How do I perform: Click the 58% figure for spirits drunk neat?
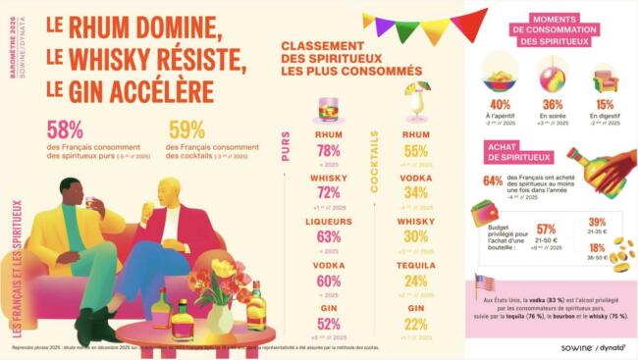pyautogui.click(x=65, y=129)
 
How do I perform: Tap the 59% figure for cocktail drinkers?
pyautogui.click(x=186, y=129)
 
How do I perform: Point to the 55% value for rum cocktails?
pyautogui.click(x=415, y=151)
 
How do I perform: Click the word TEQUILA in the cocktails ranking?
pyautogui.click(x=415, y=265)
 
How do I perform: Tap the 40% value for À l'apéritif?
pyautogui.click(x=500, y=105)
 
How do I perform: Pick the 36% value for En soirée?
pyautogui.click(x=553, y=105)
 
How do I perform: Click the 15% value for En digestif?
pyautogui.click(x=605, y=105)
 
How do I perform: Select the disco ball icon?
pyautogui.click(x=553, y=74)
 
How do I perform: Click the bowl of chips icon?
pyautogui.click(x=501, y=75)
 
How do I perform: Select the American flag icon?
pyautogui.click(x=482, y=283)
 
